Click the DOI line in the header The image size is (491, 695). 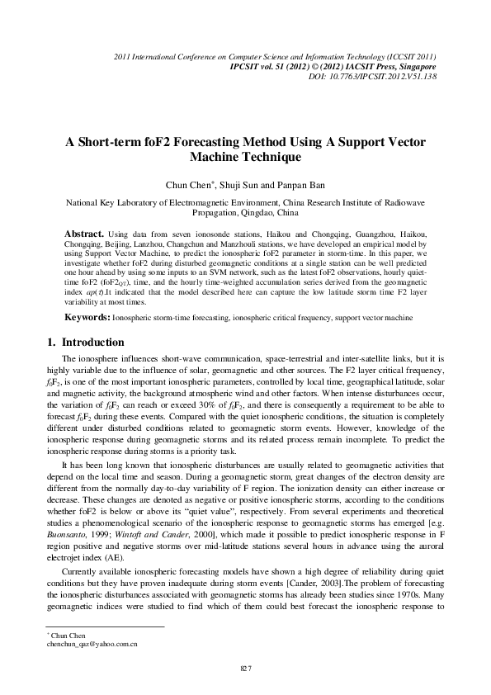379,76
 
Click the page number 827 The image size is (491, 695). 245,668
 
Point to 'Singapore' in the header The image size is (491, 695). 416,66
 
